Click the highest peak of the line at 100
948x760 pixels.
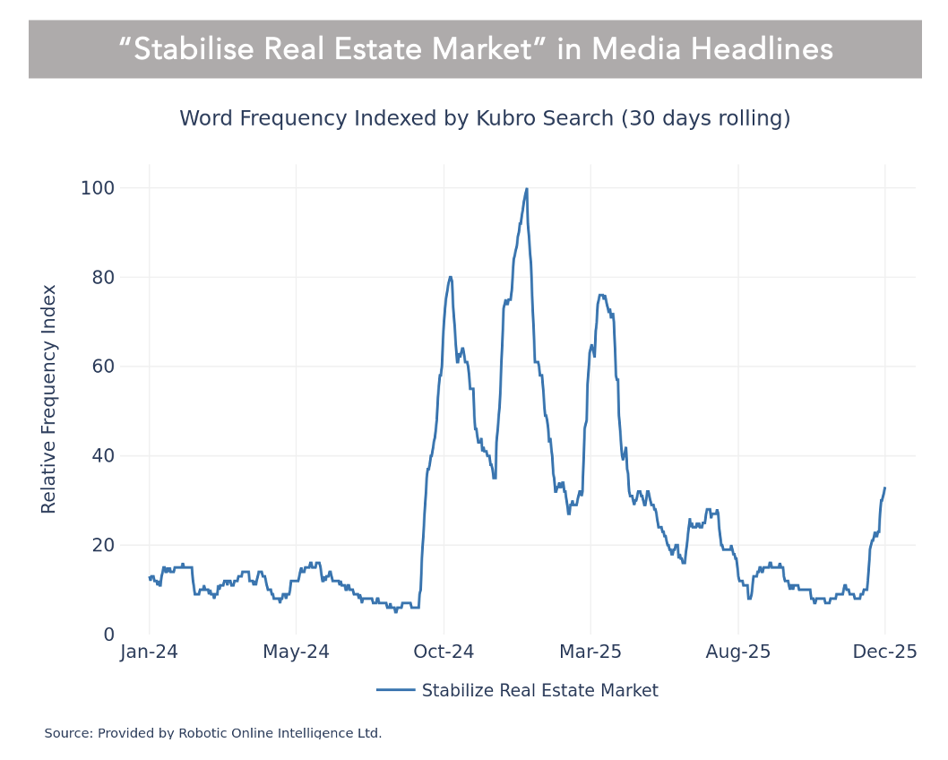[x=526, y=189]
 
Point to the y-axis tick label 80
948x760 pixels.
[x=103, y=277]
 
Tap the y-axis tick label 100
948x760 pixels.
[x=97, y=188]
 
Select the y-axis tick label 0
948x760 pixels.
[x=109, y=635]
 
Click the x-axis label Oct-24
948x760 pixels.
[x=443, y=652]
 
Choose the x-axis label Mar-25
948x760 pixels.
[x=590, y=652]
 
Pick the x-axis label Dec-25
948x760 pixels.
[x=884, y=652]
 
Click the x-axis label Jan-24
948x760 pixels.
[x=149, y=652]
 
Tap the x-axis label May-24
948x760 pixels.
[x=296, y=652]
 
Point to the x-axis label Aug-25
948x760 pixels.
[x=737, y=652]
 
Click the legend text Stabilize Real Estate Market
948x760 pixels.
[x=539, y=691]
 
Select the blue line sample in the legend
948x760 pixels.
[x=395, y=690]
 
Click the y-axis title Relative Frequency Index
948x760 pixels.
[x=49, y=399]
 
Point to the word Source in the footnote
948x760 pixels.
[x=67, y=733]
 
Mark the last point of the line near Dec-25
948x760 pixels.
[x=884, y=488]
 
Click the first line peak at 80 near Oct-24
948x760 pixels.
[x=450, y=277]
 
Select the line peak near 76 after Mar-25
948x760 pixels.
[x=600, y=294]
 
